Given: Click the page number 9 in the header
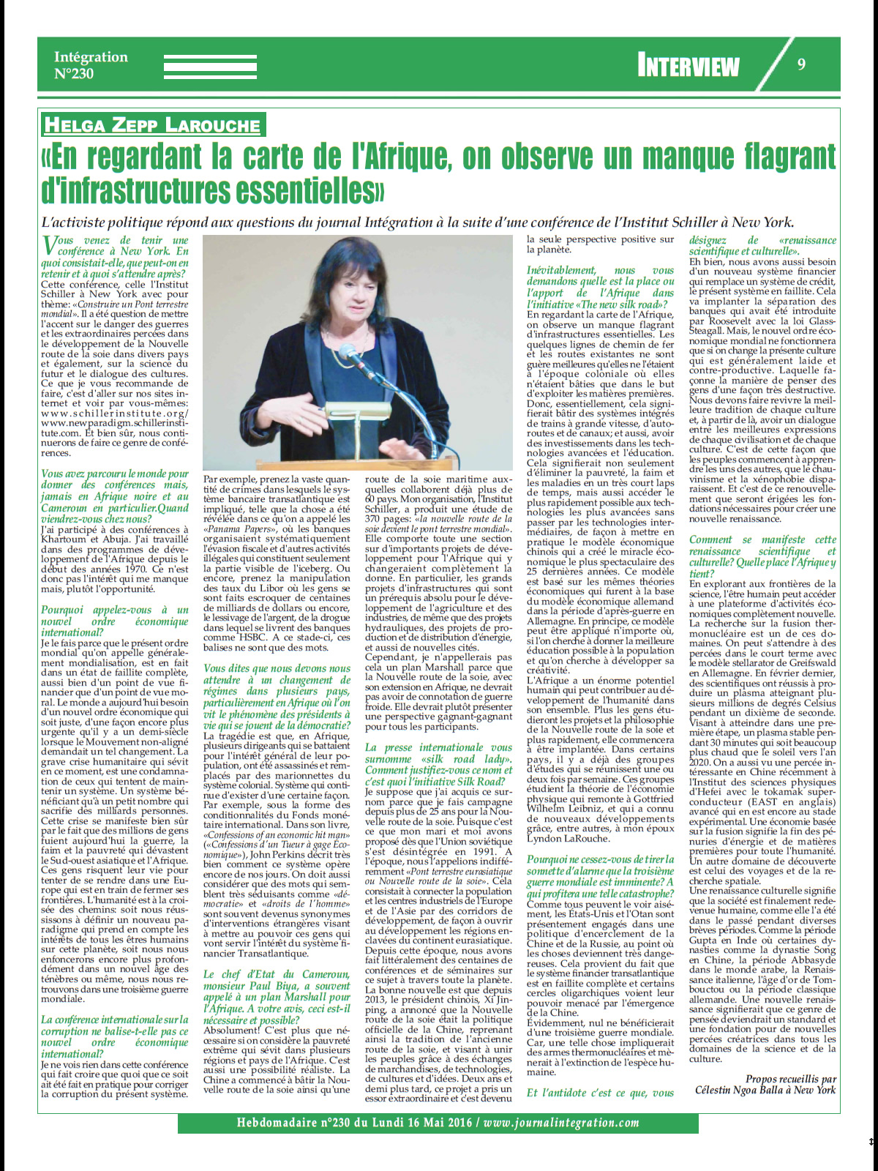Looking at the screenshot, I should tap(801, 64).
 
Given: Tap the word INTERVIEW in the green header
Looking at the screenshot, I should tap(688, 67).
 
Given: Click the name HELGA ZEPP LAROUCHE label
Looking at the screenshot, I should tap(152, 124).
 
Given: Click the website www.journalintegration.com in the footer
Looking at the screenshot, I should tap(561, 1123).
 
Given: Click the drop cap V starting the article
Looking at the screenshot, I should tap(49, 246).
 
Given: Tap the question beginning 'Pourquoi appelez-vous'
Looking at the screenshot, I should tap(114, 621).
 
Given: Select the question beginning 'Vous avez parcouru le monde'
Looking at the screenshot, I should tap(114, 496).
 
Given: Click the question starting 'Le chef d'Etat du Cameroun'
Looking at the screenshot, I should tap(277, 997).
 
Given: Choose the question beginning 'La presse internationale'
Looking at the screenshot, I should tap(438, 764).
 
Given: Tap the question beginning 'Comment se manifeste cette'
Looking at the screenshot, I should tap(762, 556).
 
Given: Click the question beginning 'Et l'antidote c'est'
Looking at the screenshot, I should tap(600, 1093).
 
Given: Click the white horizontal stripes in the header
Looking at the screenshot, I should tap(210, 66).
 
